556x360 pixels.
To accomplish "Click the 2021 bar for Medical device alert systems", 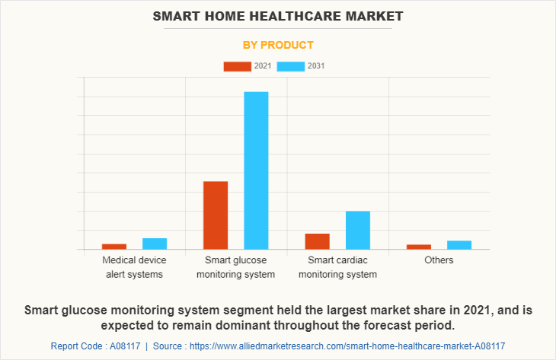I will (114, 246).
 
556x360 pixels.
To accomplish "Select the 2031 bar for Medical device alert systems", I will (155, 244).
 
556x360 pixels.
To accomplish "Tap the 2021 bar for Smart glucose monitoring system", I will (216, 215).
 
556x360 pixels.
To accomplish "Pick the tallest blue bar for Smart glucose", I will (256, 170).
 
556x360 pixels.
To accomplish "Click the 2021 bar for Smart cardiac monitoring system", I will (317, 241).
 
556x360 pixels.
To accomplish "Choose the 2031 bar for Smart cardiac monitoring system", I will (358, 230).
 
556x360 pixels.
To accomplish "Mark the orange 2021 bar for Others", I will (419, 247).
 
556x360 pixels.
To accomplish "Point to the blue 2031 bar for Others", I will (459, 244).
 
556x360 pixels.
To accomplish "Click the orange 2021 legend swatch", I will (237, 66).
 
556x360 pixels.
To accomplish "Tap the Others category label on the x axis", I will (439, 260).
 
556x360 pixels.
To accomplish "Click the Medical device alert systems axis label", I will (134, 267).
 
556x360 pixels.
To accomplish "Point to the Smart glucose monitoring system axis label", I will (236, 267).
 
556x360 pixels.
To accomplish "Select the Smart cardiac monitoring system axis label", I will (337, 267).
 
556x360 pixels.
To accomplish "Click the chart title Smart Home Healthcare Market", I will (278, 15).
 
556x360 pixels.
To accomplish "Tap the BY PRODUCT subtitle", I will (278, 45).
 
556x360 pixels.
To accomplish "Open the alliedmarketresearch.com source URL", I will (347, 346).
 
